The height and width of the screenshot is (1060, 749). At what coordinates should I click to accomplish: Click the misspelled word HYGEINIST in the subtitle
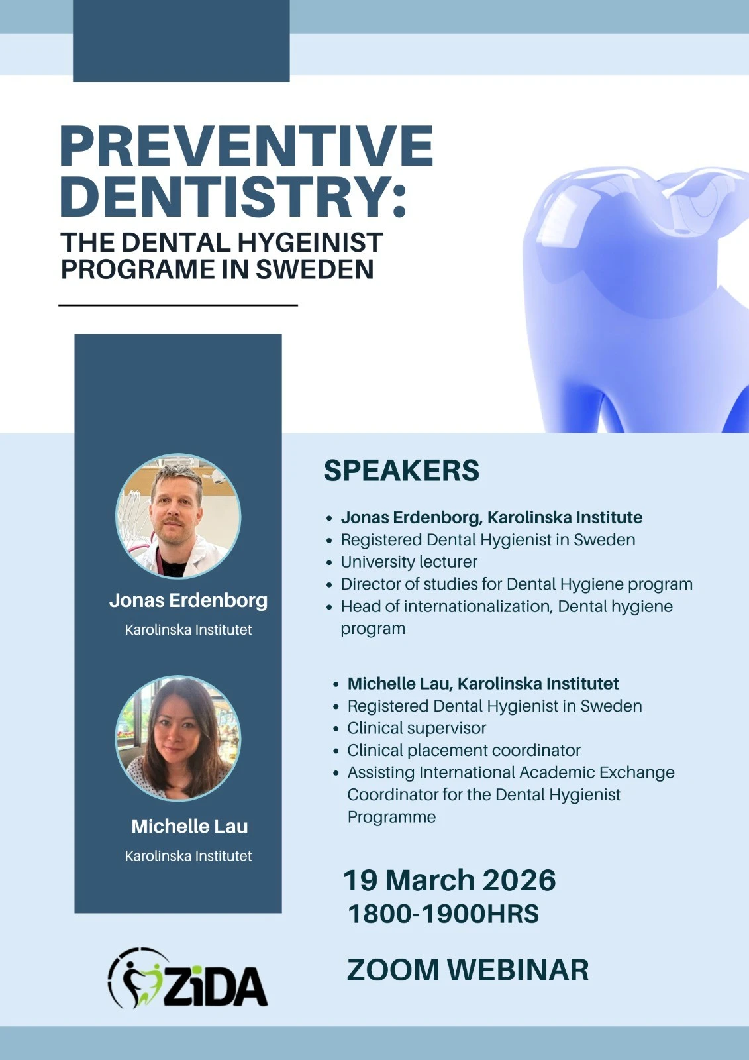click(310, 242)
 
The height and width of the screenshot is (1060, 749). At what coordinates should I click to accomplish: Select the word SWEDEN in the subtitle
click(315, 269)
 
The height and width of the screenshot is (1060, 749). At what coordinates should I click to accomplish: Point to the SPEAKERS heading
click(402, 470)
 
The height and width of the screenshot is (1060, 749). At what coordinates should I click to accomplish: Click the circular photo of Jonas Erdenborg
click(178, 516)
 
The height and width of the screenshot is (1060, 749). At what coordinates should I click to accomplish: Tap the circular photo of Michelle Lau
click(178, 738)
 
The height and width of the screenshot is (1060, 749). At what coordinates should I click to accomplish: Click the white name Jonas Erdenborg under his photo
click(188, 600)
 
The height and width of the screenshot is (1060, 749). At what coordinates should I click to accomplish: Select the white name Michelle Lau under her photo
click(190, 826)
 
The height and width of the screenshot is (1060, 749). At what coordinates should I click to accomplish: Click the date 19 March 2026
click(450, 880)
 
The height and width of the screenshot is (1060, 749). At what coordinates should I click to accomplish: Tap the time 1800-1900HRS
click(443, 914)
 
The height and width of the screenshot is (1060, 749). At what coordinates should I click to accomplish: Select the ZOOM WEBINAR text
click(468, 970)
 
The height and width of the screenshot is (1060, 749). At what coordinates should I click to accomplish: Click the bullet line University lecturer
click(409, 562)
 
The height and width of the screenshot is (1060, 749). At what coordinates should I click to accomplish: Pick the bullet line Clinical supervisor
click(417, 728)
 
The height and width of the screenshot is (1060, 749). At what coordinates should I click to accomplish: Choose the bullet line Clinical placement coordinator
click(464, 751)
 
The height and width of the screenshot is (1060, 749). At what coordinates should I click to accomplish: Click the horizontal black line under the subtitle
click(178, 305)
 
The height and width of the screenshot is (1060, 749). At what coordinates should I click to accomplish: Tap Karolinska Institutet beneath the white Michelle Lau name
click(188, 855)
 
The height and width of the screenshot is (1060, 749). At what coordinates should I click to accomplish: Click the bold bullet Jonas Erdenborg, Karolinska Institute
click(492, 517)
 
